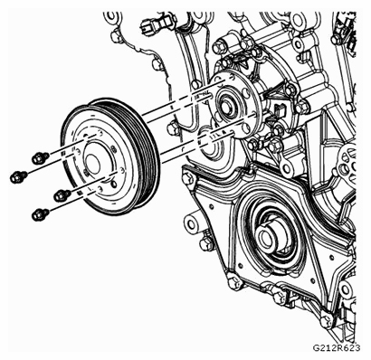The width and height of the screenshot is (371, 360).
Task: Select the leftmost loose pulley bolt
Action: pos(19,176)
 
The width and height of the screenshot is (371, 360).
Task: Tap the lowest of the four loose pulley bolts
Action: pos(40,214)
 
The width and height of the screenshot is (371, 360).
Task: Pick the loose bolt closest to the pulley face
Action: pos(62,195)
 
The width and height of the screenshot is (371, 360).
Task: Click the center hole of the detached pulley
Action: pos(92,165)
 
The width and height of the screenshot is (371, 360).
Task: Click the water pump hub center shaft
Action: pos(227,105)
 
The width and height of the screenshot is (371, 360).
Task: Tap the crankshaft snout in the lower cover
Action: pos(266,237)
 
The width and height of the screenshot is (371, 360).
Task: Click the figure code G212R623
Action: pos(337,348)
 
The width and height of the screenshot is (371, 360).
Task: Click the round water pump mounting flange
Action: pos(233,105)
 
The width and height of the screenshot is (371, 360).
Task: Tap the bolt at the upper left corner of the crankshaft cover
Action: pos(187,178)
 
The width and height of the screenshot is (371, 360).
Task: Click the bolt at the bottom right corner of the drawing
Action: pos(328,320)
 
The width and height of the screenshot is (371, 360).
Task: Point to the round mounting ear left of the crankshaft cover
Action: pos(192,223)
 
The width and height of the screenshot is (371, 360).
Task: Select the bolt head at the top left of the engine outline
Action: pos(116,36)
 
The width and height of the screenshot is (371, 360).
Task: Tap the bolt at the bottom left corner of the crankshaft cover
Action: pos(233,283)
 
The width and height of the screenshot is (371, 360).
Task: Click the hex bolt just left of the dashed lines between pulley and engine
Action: pos(171,129)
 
